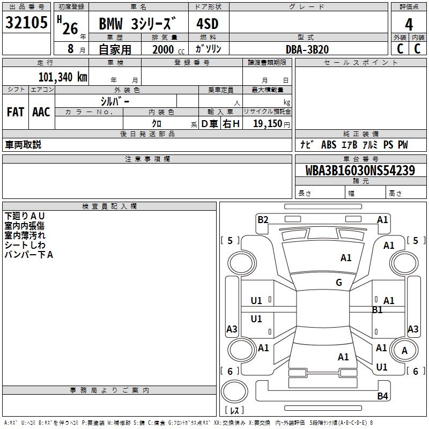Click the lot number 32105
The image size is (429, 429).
tap(26, 23)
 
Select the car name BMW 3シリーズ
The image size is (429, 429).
tap(138, 24)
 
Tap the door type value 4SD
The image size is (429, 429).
tap(208, 24)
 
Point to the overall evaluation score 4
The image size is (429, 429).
tap(409, 24)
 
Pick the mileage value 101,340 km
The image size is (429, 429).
tap(63, 77)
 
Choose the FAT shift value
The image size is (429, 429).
tap(16, 112)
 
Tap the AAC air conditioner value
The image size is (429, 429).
tap(41, 112)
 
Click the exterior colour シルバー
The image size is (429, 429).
tap(115, 101)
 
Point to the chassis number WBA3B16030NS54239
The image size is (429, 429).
tap(360, 171)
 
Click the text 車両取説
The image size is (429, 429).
tap(23, 145)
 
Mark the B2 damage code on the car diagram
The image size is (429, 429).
tap(263, 219)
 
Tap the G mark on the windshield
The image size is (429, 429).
tap(339, 283)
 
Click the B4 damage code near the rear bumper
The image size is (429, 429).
tap(382, 396)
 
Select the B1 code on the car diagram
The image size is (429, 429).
tap(377, 309)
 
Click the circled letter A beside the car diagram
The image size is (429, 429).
tap(405, 350)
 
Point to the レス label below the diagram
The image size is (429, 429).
tap(234, 410)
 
